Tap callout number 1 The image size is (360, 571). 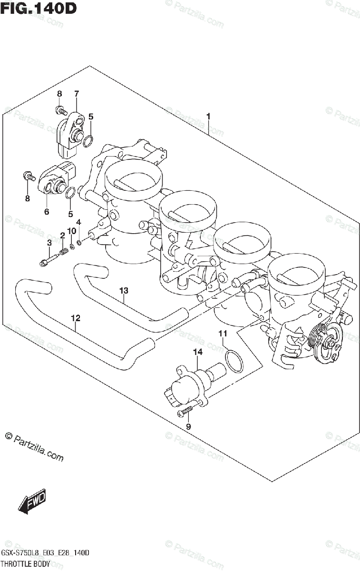click(208, 116)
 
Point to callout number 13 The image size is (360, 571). click(124, 290)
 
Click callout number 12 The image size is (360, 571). click(75, 318)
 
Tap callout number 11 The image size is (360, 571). click(222, 334)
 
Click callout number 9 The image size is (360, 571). click(188, 426)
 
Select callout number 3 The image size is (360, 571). click(49, 243)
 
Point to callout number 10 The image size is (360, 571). click(71, 231)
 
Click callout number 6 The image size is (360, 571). click(47, 212)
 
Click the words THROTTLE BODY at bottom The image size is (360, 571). click(25, 564)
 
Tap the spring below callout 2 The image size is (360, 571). click(62, 251)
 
